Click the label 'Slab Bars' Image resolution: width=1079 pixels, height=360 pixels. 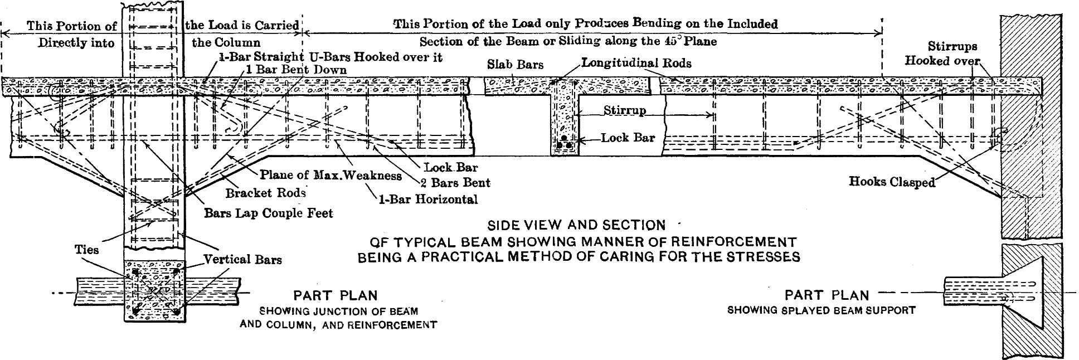(515, 65)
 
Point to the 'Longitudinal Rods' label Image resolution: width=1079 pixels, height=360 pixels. (636, 63)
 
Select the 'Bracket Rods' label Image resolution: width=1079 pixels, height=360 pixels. (265, 193)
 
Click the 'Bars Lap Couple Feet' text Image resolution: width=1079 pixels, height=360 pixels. (268, 213)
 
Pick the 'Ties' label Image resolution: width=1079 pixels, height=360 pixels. (87, 250)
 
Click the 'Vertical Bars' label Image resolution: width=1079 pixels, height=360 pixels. (242, 259)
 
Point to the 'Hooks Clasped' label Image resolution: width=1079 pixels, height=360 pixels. (892, 182)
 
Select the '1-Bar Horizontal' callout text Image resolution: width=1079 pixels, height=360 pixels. (428, 200)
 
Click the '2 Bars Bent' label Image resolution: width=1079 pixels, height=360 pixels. (455, 183)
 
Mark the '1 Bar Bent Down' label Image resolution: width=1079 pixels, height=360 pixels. (296, 70)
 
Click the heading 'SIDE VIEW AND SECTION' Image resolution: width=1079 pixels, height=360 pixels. (576, 226)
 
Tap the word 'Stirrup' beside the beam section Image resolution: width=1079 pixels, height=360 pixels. (624, 110)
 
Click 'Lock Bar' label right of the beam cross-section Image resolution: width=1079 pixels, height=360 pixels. (628, 138)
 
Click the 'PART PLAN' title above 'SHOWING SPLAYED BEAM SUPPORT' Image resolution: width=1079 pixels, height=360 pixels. (827, 295)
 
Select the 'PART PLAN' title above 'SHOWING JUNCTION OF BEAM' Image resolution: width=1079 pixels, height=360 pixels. (336, 296)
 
